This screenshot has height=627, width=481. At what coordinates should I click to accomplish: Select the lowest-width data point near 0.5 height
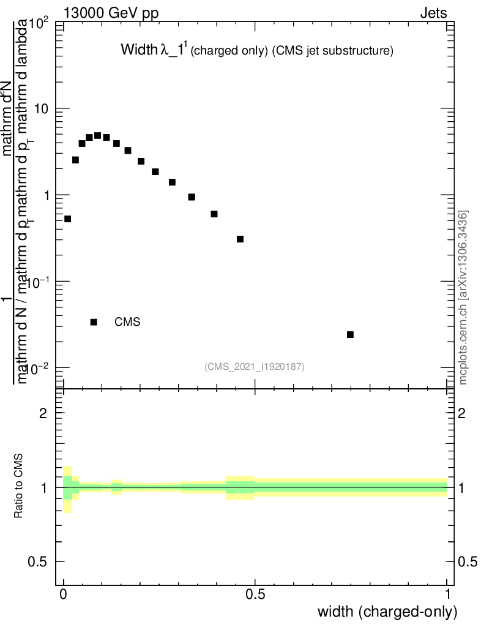coord(68,219)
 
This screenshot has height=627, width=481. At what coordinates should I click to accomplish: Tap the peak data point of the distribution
coord(97,135)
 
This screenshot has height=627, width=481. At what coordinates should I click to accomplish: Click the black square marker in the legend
coord(94,322)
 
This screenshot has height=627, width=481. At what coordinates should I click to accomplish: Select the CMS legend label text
coord(128,322)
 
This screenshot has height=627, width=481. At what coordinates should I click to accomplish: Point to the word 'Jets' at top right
coord(433,13)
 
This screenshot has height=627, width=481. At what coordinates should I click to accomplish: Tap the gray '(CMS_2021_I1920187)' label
coord(255,366)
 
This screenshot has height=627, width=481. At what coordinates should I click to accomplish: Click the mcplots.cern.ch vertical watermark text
coord(463,298)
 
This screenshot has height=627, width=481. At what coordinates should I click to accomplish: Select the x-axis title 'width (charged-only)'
coord(387,611)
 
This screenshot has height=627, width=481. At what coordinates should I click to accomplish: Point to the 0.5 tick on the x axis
coord(255,593)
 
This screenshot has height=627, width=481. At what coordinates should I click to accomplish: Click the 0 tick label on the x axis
coord(64,593)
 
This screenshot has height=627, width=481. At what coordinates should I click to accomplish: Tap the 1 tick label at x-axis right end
coord(447,593)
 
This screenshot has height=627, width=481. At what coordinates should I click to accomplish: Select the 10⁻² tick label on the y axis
coord(38,369)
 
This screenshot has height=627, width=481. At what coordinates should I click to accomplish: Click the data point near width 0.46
coord(240,239)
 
